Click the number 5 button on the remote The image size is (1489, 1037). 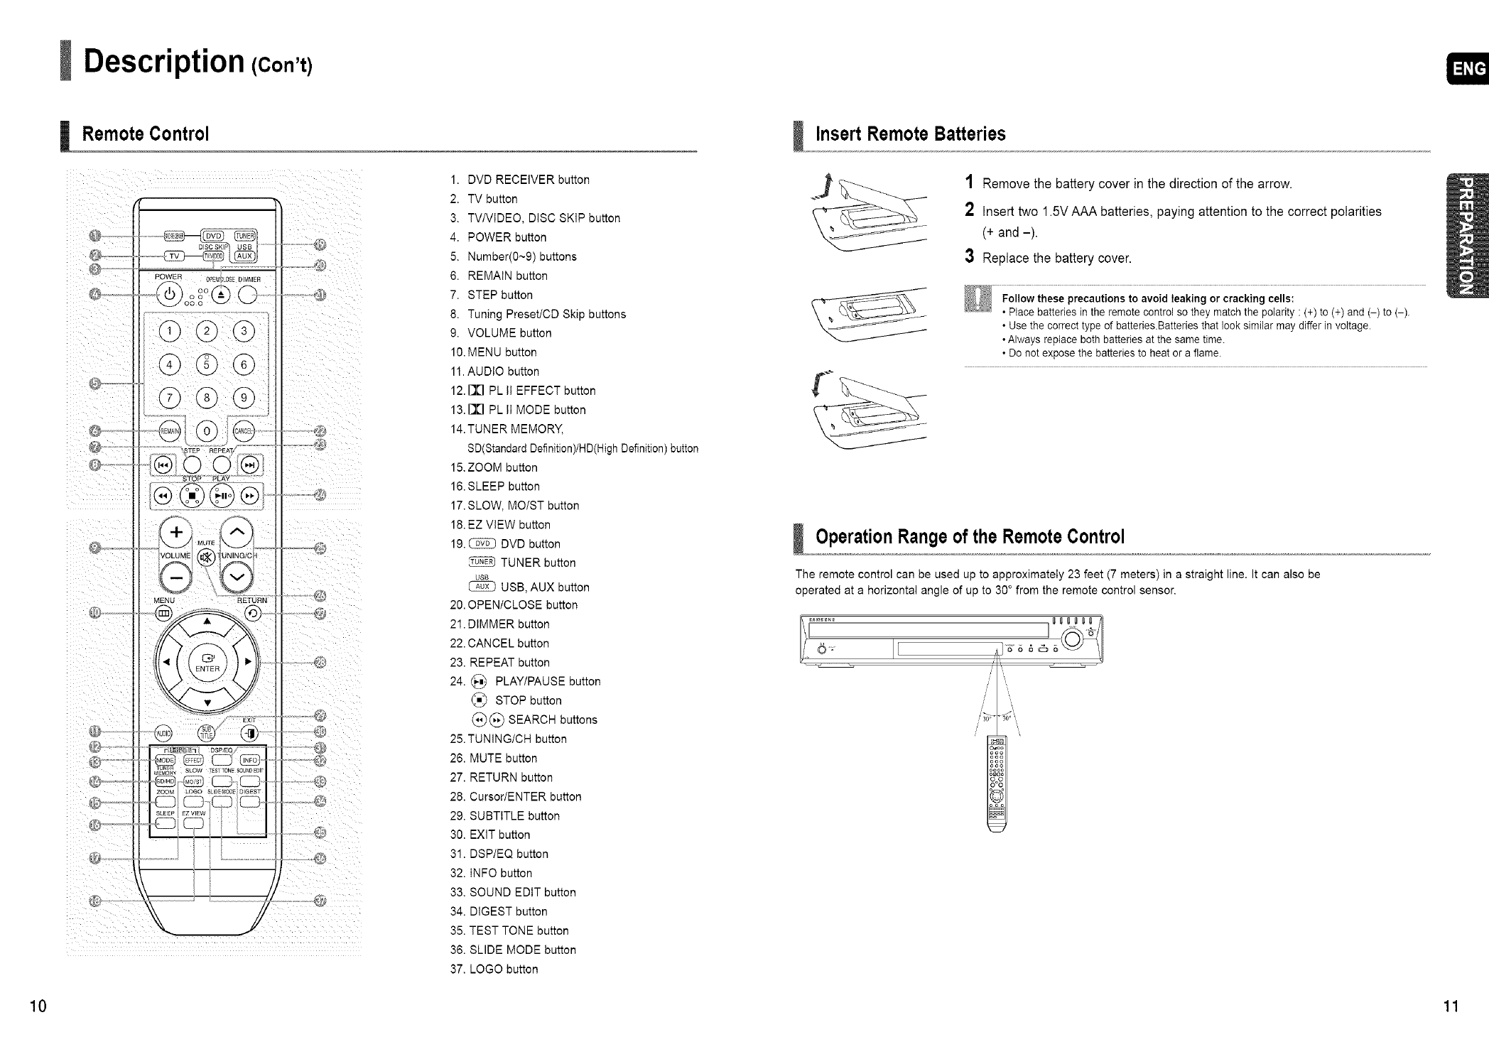coord(207,364)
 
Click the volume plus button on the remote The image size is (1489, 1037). coord(177,533)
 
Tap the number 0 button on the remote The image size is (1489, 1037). coord(207,431)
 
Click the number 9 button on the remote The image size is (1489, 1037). coord(244,397)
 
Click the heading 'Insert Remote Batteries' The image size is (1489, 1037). coord(910,134)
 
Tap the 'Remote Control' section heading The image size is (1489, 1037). coord(146,134)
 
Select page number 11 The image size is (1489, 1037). coord(1450,1006)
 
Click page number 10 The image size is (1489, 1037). coord(38,1006)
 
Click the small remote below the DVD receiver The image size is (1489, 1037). coord(997,781)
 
